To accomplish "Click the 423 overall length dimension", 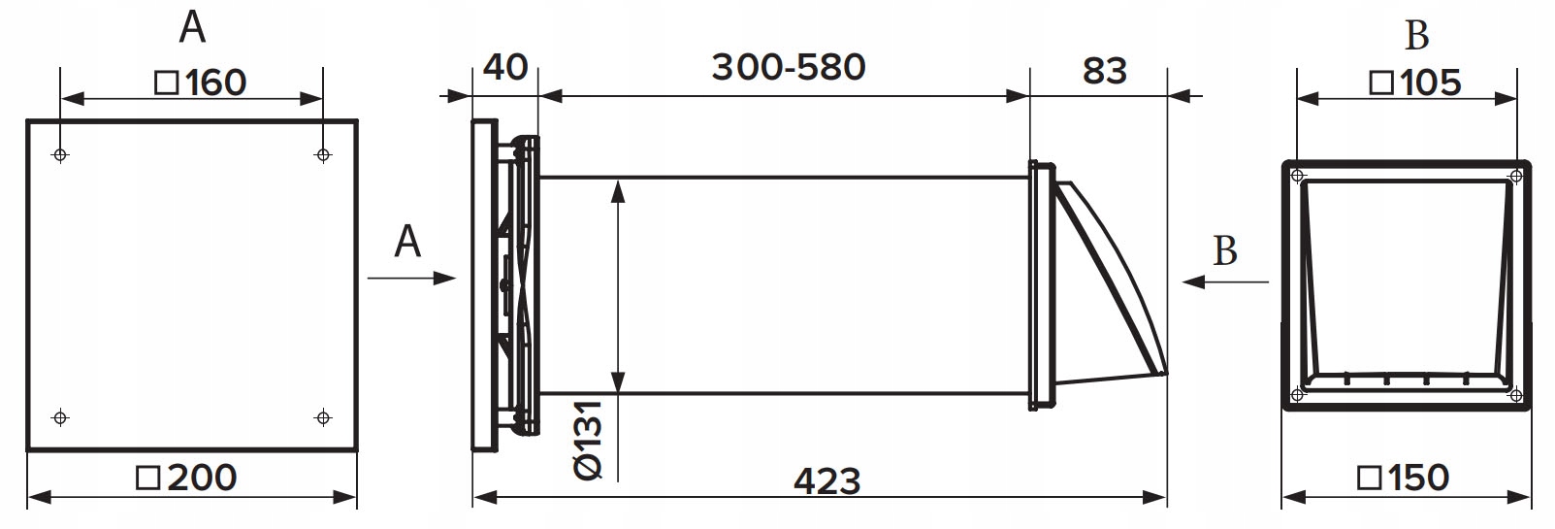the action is [x=826, y=481].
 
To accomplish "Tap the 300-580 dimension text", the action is [x=789, y=67].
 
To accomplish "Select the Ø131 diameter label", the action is [x=588, y=440].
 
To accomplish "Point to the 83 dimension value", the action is [x=1105, y=71].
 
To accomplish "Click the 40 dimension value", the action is [x=505, y=67].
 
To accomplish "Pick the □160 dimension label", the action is [x=201, y=83].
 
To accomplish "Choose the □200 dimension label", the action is [x=186, y=478].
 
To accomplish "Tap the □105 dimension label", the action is [x=1414, y=83].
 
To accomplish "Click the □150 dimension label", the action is [x=1403, y=478].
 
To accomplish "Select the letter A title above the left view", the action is [x=192, y=28].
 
